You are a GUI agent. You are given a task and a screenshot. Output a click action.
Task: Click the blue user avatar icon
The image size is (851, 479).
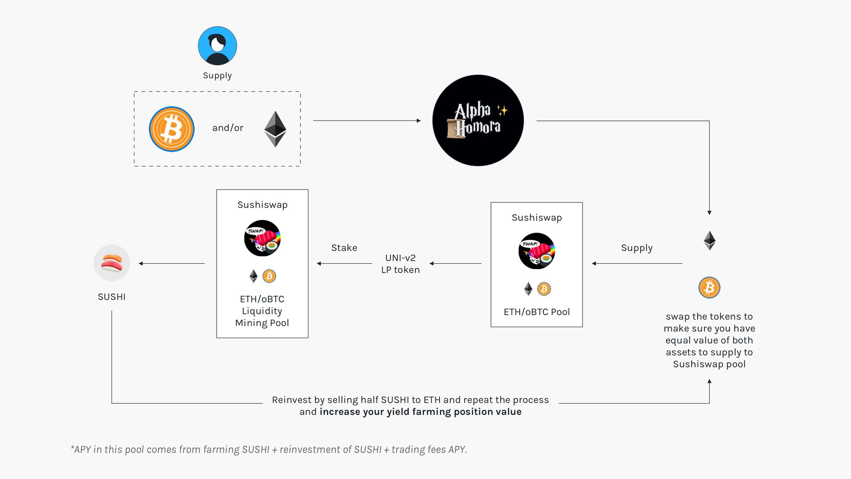coord(217,46)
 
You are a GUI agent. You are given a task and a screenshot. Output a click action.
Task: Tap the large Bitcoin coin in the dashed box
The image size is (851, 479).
coord(172,129)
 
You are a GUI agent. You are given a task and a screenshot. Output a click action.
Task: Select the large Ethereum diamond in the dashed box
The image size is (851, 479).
coord(275,129)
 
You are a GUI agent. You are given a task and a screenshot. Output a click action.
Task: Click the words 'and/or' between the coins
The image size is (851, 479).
coord(228,128)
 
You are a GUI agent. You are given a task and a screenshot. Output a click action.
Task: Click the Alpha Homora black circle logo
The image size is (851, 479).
coord(478,120)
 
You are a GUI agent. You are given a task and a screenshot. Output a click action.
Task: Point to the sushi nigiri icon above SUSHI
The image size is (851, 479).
coord(111,263)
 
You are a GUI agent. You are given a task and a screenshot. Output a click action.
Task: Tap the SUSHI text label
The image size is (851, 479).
coord(111,297)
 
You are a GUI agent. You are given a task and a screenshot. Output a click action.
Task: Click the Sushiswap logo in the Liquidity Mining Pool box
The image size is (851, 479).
coord(262,238)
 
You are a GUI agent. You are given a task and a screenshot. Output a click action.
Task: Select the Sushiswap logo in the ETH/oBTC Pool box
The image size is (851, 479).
coord(537,251)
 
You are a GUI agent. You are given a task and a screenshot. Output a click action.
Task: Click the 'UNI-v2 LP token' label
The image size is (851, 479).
coord(400,264)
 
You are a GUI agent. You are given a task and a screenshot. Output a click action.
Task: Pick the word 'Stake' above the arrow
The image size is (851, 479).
coord(344,248)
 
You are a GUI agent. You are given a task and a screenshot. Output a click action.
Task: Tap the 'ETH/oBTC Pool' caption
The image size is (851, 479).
coord(537,312)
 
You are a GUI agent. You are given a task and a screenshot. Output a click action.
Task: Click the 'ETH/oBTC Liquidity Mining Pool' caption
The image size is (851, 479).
coord(262,311)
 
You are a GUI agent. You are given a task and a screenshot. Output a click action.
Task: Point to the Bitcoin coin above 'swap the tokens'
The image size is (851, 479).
coord(709,288)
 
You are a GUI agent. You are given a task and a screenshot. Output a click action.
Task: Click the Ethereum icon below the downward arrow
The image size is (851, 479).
coord(709,240)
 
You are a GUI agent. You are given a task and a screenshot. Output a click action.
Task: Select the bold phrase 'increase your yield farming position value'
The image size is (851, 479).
coord(420,412)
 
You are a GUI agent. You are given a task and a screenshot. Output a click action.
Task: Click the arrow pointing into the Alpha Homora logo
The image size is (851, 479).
coord(367,121)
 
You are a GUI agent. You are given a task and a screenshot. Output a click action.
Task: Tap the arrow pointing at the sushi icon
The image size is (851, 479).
coord(171,264)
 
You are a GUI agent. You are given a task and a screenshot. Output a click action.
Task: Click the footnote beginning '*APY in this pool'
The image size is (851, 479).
coord(269,450)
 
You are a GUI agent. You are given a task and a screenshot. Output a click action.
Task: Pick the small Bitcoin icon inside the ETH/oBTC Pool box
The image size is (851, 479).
coord(544,289)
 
